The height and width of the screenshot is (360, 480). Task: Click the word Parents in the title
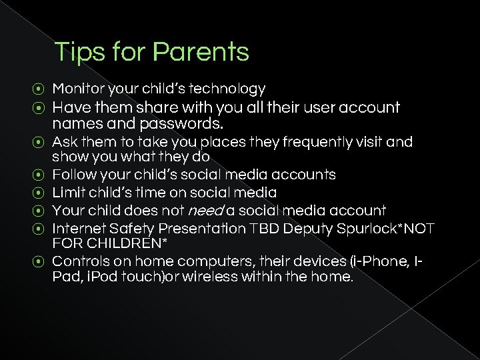[200, 52]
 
